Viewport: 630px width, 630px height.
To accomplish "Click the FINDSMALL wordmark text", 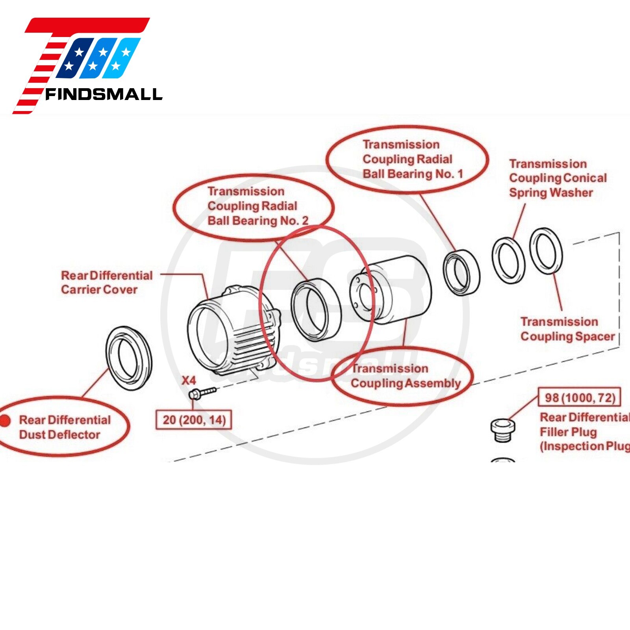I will [x=104, y=94].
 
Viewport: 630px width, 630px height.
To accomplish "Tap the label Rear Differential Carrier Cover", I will [x=106, y=282].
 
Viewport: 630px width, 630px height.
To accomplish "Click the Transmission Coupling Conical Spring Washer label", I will [x=558, y=178].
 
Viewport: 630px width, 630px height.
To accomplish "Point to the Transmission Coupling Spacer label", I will [x=567, y=329].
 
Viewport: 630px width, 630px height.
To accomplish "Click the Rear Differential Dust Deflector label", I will [x=65, y=427].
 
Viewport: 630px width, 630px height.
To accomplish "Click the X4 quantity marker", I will [x=189, y=380].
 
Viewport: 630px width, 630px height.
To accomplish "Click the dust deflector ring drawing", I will [x=129, y=358].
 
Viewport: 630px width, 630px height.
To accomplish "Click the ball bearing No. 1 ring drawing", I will [x=461, y=272].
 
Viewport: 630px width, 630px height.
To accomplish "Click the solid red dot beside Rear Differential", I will [x=5, y=421].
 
